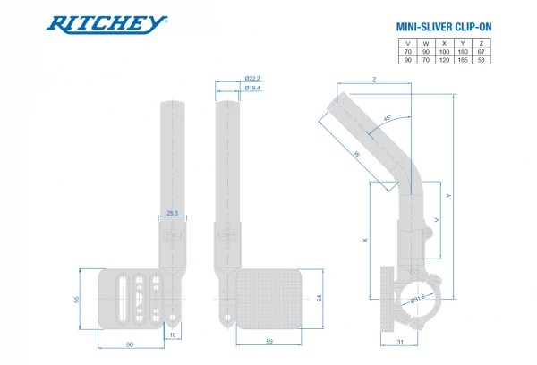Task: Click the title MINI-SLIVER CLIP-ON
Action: pyautogui.click(x=443, y=27)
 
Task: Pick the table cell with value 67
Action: pyautogui.click(x=481, y=52)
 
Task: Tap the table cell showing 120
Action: pyautogui.click(x=443, y=61)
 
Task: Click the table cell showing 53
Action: pyautogui.click(x=481, y=61)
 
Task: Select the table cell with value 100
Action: pyautogui.click(x=443, y=52)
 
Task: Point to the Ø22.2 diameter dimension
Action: pyautogui.click(x=252, y=80)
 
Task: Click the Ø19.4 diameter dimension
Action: pyautogui.click(x=252, y=89)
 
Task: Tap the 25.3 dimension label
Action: pyautogui.click(x=174, y=212)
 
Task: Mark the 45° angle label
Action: pyautogui.click(x=387, y=119)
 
